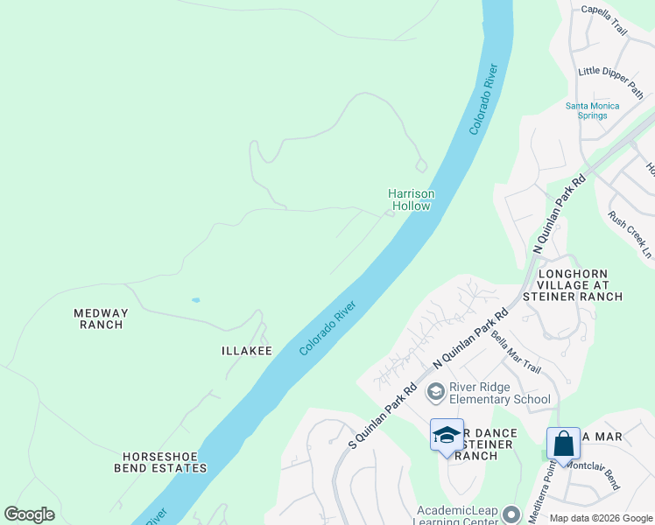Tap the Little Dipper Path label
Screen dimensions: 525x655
click(611, 81)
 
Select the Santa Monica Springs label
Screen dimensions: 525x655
click(592, 110)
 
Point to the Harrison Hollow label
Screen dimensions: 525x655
click(412, 199)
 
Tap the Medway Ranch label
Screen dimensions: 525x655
click(101, 318)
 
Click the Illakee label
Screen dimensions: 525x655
click(246, 351)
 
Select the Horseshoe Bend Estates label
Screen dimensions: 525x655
click(165, 462)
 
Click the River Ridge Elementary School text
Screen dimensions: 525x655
click(499, 394)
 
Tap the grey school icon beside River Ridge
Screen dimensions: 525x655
click(435, 393)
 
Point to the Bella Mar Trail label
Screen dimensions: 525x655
click(516, 351)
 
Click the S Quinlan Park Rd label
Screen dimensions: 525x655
click(381, 417)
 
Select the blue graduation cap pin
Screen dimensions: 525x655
click(447, 435)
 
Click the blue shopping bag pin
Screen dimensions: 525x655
click(563, 444)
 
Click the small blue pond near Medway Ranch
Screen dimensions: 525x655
click(195, 300)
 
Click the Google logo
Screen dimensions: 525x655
click(29, 514)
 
